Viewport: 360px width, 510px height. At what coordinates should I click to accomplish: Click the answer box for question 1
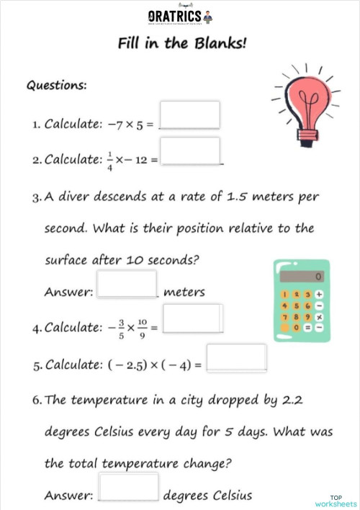[189, 115]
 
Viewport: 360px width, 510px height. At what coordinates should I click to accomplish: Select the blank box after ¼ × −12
[190, 151]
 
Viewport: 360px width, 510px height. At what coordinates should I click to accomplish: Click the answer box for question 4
[192, 318]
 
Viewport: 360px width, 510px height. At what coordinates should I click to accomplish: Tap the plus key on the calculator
[319, 295]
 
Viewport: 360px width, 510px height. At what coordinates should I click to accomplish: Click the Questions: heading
[57, 85]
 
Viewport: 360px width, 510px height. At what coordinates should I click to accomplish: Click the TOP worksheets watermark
[336, 501]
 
